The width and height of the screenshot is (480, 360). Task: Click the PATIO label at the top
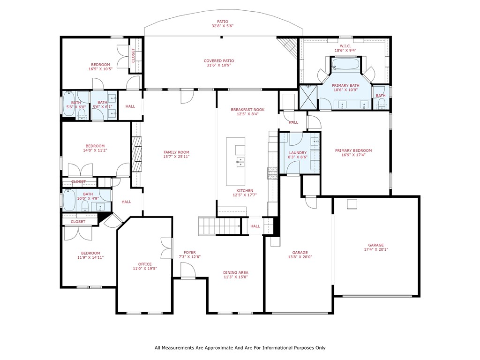tap(222, 22)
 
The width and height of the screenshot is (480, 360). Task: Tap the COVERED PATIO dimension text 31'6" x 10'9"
tap(218, 66)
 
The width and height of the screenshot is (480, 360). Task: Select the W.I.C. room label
tap(345, 46)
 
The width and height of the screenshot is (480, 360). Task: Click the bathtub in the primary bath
tap(345, 65)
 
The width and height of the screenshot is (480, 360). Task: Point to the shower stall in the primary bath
tap(308, 97)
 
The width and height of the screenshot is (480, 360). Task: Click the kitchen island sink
tap(240, 162)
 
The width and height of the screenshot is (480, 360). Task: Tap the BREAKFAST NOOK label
tap(247, 110)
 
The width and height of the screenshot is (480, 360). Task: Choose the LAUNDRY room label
tap(298, 153)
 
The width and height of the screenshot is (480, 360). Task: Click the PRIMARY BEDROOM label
tap(353, 150)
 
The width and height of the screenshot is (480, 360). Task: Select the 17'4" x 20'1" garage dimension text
tap(375, 250)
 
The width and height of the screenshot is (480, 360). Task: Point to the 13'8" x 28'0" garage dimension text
tap(300, 257)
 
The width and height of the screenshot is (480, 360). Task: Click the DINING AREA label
tap(236, 272)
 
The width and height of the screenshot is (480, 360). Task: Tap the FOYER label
tap(190, 252)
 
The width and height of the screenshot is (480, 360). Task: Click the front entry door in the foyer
tap(187, 271)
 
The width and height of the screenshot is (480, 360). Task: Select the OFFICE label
tap(144, 264)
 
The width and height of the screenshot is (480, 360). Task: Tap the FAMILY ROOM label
tap(176, 152)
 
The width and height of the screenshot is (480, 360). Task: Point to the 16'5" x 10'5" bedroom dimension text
tap(100, 69)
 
